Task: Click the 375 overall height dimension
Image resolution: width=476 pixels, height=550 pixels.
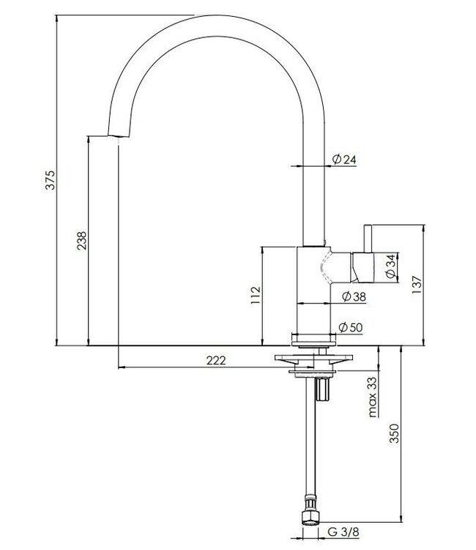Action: [x=50, y=180]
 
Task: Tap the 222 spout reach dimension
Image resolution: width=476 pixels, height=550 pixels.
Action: [x=215, y=360]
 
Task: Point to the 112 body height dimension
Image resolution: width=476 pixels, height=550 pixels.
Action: [x=255, y=295]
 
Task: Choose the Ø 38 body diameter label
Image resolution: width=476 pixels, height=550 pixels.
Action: [x=353, y=296]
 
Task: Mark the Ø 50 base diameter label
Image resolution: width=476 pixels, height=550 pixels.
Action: [x=352, y=328]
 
